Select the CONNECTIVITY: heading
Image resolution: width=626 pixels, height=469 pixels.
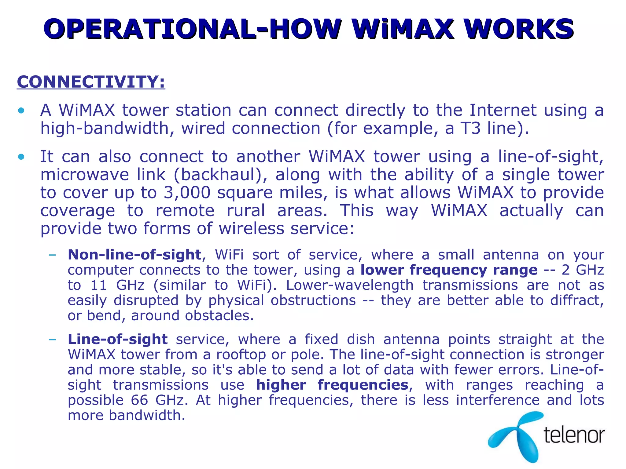point(91,82)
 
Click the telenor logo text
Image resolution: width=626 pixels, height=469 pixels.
point(574,435)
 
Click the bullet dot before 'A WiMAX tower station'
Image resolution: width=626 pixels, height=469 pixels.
point(21,111)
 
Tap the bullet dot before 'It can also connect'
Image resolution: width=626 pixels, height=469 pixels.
point(21,157)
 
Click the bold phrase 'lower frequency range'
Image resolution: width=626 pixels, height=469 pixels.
point(449,270)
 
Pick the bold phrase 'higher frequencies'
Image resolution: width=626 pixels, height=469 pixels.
point(332,385)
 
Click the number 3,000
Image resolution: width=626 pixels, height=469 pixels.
point(187,193)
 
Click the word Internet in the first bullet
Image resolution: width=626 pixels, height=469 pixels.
point(503,110)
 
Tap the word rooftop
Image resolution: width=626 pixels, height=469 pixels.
point(241,354)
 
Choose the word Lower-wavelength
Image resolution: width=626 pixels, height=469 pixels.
point(350,285)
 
